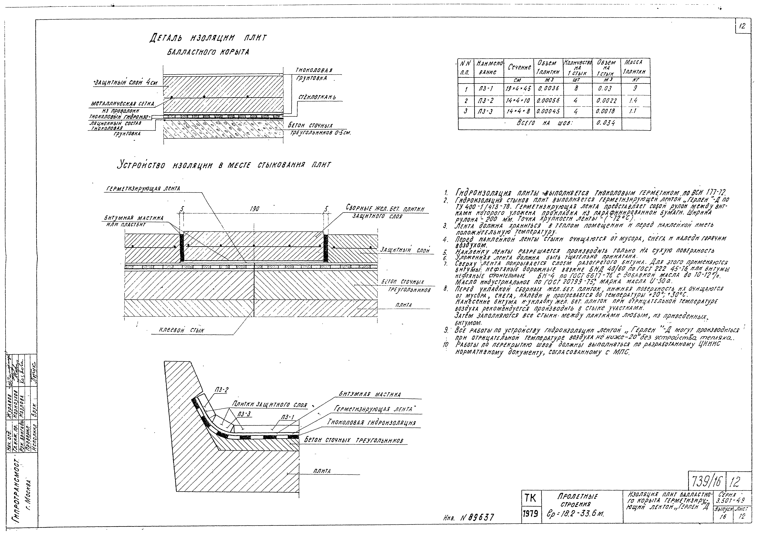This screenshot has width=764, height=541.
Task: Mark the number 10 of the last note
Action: [446, 345]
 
